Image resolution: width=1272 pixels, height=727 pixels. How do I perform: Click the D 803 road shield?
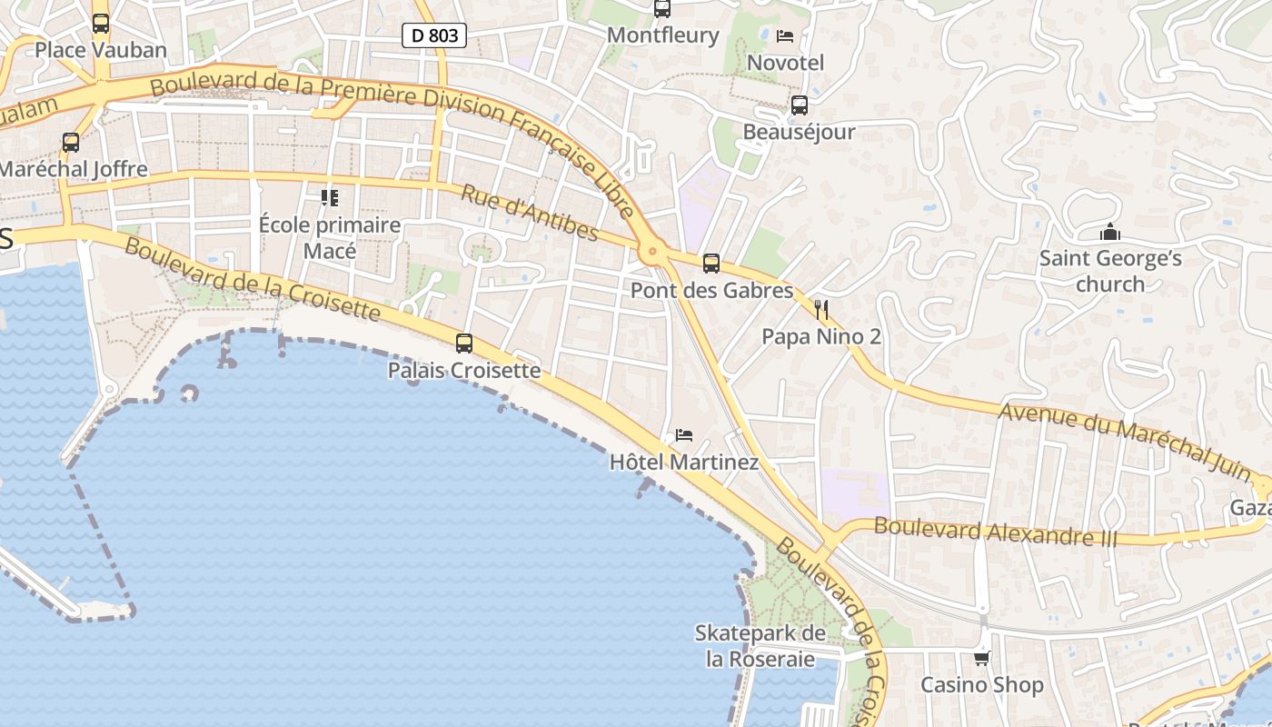tap(434, 35)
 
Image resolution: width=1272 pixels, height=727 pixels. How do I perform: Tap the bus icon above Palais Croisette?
tap(464, 344)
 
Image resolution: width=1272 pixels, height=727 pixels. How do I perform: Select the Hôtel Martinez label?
tap(684, 463)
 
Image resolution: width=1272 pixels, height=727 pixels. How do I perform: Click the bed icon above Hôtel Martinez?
tap(684, 435)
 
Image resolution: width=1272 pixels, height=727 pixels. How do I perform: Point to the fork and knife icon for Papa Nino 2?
tap(821, 310)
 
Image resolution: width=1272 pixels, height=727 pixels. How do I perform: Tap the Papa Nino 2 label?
tap(821, 337)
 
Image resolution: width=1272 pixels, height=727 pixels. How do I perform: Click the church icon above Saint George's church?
tap(1109, 233)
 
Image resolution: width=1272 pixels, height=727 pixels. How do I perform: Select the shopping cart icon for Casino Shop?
tap(981, 658)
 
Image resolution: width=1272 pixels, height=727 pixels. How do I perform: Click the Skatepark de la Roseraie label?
tap(760, 646)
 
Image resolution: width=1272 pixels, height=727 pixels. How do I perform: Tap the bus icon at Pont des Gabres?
tap(711, 264)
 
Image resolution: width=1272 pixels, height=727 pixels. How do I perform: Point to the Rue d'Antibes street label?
tap(529, 213)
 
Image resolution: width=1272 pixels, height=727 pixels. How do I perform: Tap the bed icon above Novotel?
tap(785, 36)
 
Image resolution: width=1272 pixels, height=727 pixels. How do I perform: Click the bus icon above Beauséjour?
tap(800, 105)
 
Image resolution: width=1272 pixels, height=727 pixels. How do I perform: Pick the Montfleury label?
tap(662, 35)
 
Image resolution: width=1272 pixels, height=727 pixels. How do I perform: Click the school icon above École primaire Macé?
tap(329, 197)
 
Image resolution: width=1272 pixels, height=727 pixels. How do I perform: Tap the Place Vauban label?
tap(101, 49)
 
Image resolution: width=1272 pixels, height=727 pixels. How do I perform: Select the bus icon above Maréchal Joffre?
tap(71, 143)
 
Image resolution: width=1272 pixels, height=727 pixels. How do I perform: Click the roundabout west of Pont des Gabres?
tap(651, 252)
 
